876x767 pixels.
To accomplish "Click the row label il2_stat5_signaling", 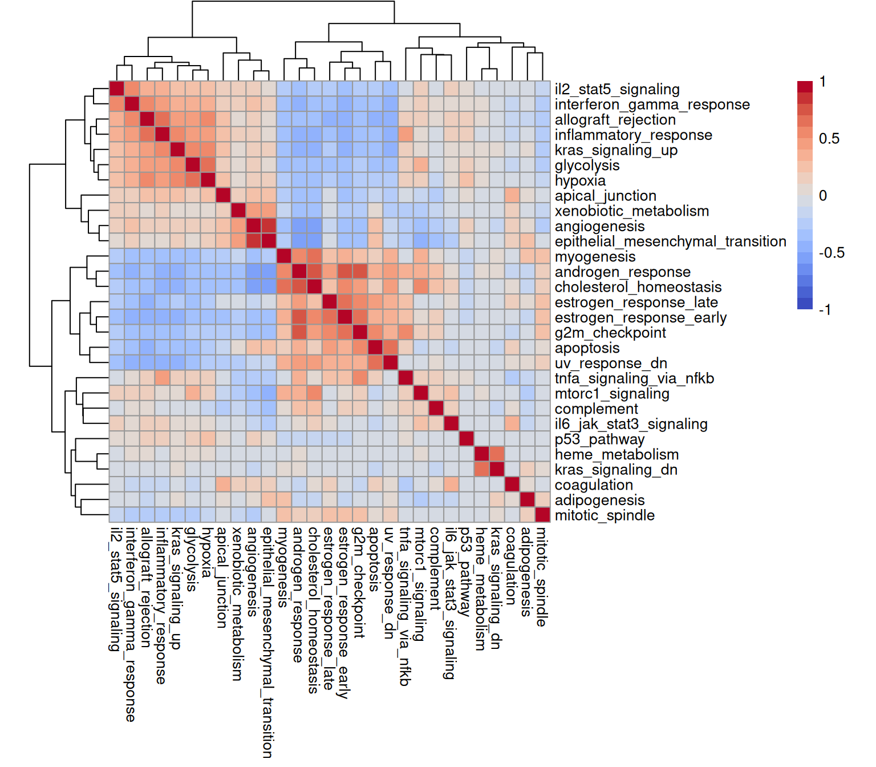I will pos(617,89).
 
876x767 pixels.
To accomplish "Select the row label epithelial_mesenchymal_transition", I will pos(670,241).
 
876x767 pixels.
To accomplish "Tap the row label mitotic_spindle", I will pos(605,515).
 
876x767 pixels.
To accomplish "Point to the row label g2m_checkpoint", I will pos(610,333).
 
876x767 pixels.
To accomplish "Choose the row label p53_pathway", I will pos(599,439).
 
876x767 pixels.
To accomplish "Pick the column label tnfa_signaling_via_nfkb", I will pos(405,605).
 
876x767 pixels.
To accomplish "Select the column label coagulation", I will pos(512,566).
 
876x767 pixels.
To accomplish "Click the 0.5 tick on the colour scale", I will pos(829,139).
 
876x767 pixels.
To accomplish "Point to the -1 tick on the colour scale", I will pos(825,310).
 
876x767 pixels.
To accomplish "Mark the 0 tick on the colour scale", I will pos(822,196).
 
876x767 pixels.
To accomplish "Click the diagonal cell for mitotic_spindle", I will pos(542,515).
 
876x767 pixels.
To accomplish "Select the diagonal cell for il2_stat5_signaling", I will pos(117,89).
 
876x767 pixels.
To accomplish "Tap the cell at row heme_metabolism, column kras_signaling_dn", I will pos(497,454).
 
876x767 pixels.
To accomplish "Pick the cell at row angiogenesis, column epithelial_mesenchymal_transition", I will pos(269,226).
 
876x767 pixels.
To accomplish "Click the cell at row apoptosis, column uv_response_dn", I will pos(391,348).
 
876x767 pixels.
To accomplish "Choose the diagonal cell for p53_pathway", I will pos(467,439).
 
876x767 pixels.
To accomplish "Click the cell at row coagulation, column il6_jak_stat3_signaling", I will pos(451,485).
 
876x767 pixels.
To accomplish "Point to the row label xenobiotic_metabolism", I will pos(632,211).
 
